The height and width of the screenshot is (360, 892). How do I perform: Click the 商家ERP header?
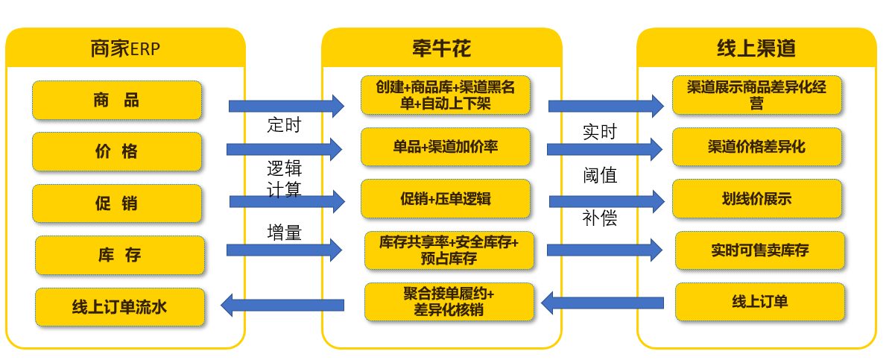pos(125,49)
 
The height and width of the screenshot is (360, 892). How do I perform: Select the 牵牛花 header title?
pos(441,49)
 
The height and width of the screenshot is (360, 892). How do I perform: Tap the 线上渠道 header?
pos(756,49)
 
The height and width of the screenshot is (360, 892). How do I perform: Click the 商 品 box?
pos(117,101)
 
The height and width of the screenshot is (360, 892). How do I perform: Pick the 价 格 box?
pos(117,152)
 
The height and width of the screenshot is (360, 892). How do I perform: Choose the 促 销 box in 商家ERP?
pos(117,203)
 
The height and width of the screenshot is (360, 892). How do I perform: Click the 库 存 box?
pos(119,256)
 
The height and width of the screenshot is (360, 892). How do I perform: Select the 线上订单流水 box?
pos(119,307)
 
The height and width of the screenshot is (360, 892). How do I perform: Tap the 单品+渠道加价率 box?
pos(446,147)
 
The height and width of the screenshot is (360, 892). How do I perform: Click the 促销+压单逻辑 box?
pos(446,199)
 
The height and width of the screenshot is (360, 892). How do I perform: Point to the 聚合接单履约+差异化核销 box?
pos(449,302)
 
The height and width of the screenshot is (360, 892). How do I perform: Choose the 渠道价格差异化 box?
pos(756,147)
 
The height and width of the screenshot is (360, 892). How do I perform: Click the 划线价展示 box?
pos(756,199)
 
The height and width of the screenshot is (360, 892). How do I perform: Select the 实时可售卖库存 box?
pos(760,250)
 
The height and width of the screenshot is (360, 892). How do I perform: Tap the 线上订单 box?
pos(760,302)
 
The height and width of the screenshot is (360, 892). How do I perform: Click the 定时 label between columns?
pos(284,124)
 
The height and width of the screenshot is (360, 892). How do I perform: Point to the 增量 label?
pos(284,233)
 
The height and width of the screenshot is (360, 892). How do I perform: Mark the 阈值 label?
pos(600,176)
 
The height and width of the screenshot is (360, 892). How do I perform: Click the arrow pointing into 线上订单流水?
pos(282,305)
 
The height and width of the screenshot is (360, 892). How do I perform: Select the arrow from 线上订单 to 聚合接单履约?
pos(601,303)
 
